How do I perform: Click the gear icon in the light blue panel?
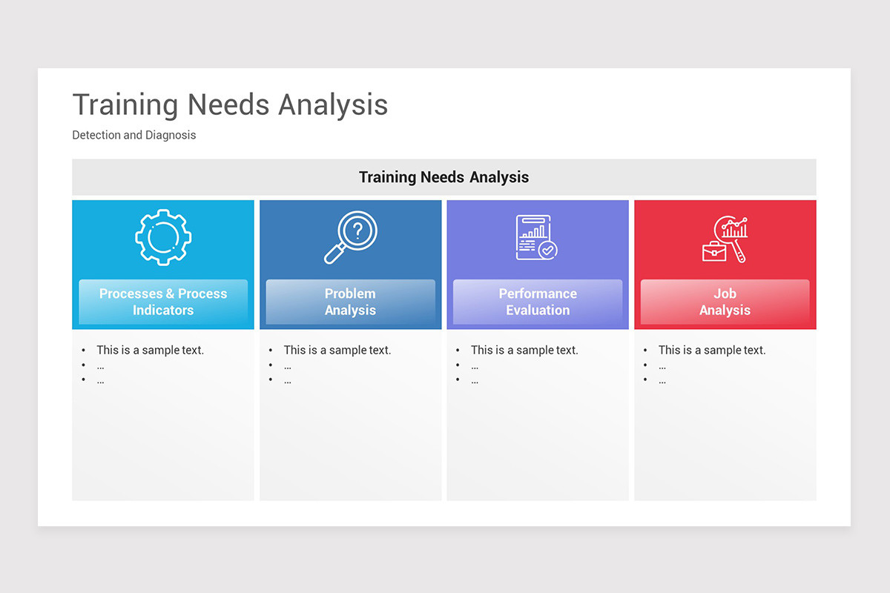pyautogui.click(x=163, y=237)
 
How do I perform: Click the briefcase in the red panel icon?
pyautogui.click(x=714, y=251)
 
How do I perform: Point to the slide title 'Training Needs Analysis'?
pyautogui.click(x=230, y=105)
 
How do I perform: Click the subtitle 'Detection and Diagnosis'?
pyautogui.click(x=134, y=136)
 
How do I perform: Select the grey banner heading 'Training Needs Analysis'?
pyautogui.click(x=444, y=177)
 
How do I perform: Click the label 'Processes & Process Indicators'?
pyautogui.click(x=163, y=302)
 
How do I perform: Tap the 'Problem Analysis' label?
pyautogui.click(x=350, y=302)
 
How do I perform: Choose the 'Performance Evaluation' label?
pyautogui.click(x=538, y=302)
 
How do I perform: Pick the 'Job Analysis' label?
pyautogui.click(x=725, y=302)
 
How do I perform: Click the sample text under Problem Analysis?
pyautogui.click(x=337, y=350)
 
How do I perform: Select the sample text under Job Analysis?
pyautogui.click(x=712, y=350)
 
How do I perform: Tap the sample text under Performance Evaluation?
pyautogui.click(x=524, y=350)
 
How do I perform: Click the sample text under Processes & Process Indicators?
pyautogui.click(x=150, y=350)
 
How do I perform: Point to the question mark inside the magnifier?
pyautogui.click(x=357, y=231)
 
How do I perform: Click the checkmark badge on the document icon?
pyautogui.click(x=548, y=250)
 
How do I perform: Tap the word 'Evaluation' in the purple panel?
pyautogui.click(x=538, y=311)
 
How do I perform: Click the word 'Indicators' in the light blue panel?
pyautogui.click(x=163, y=311)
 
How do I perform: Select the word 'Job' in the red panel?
pyautogui.click(x=725, y=294)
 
